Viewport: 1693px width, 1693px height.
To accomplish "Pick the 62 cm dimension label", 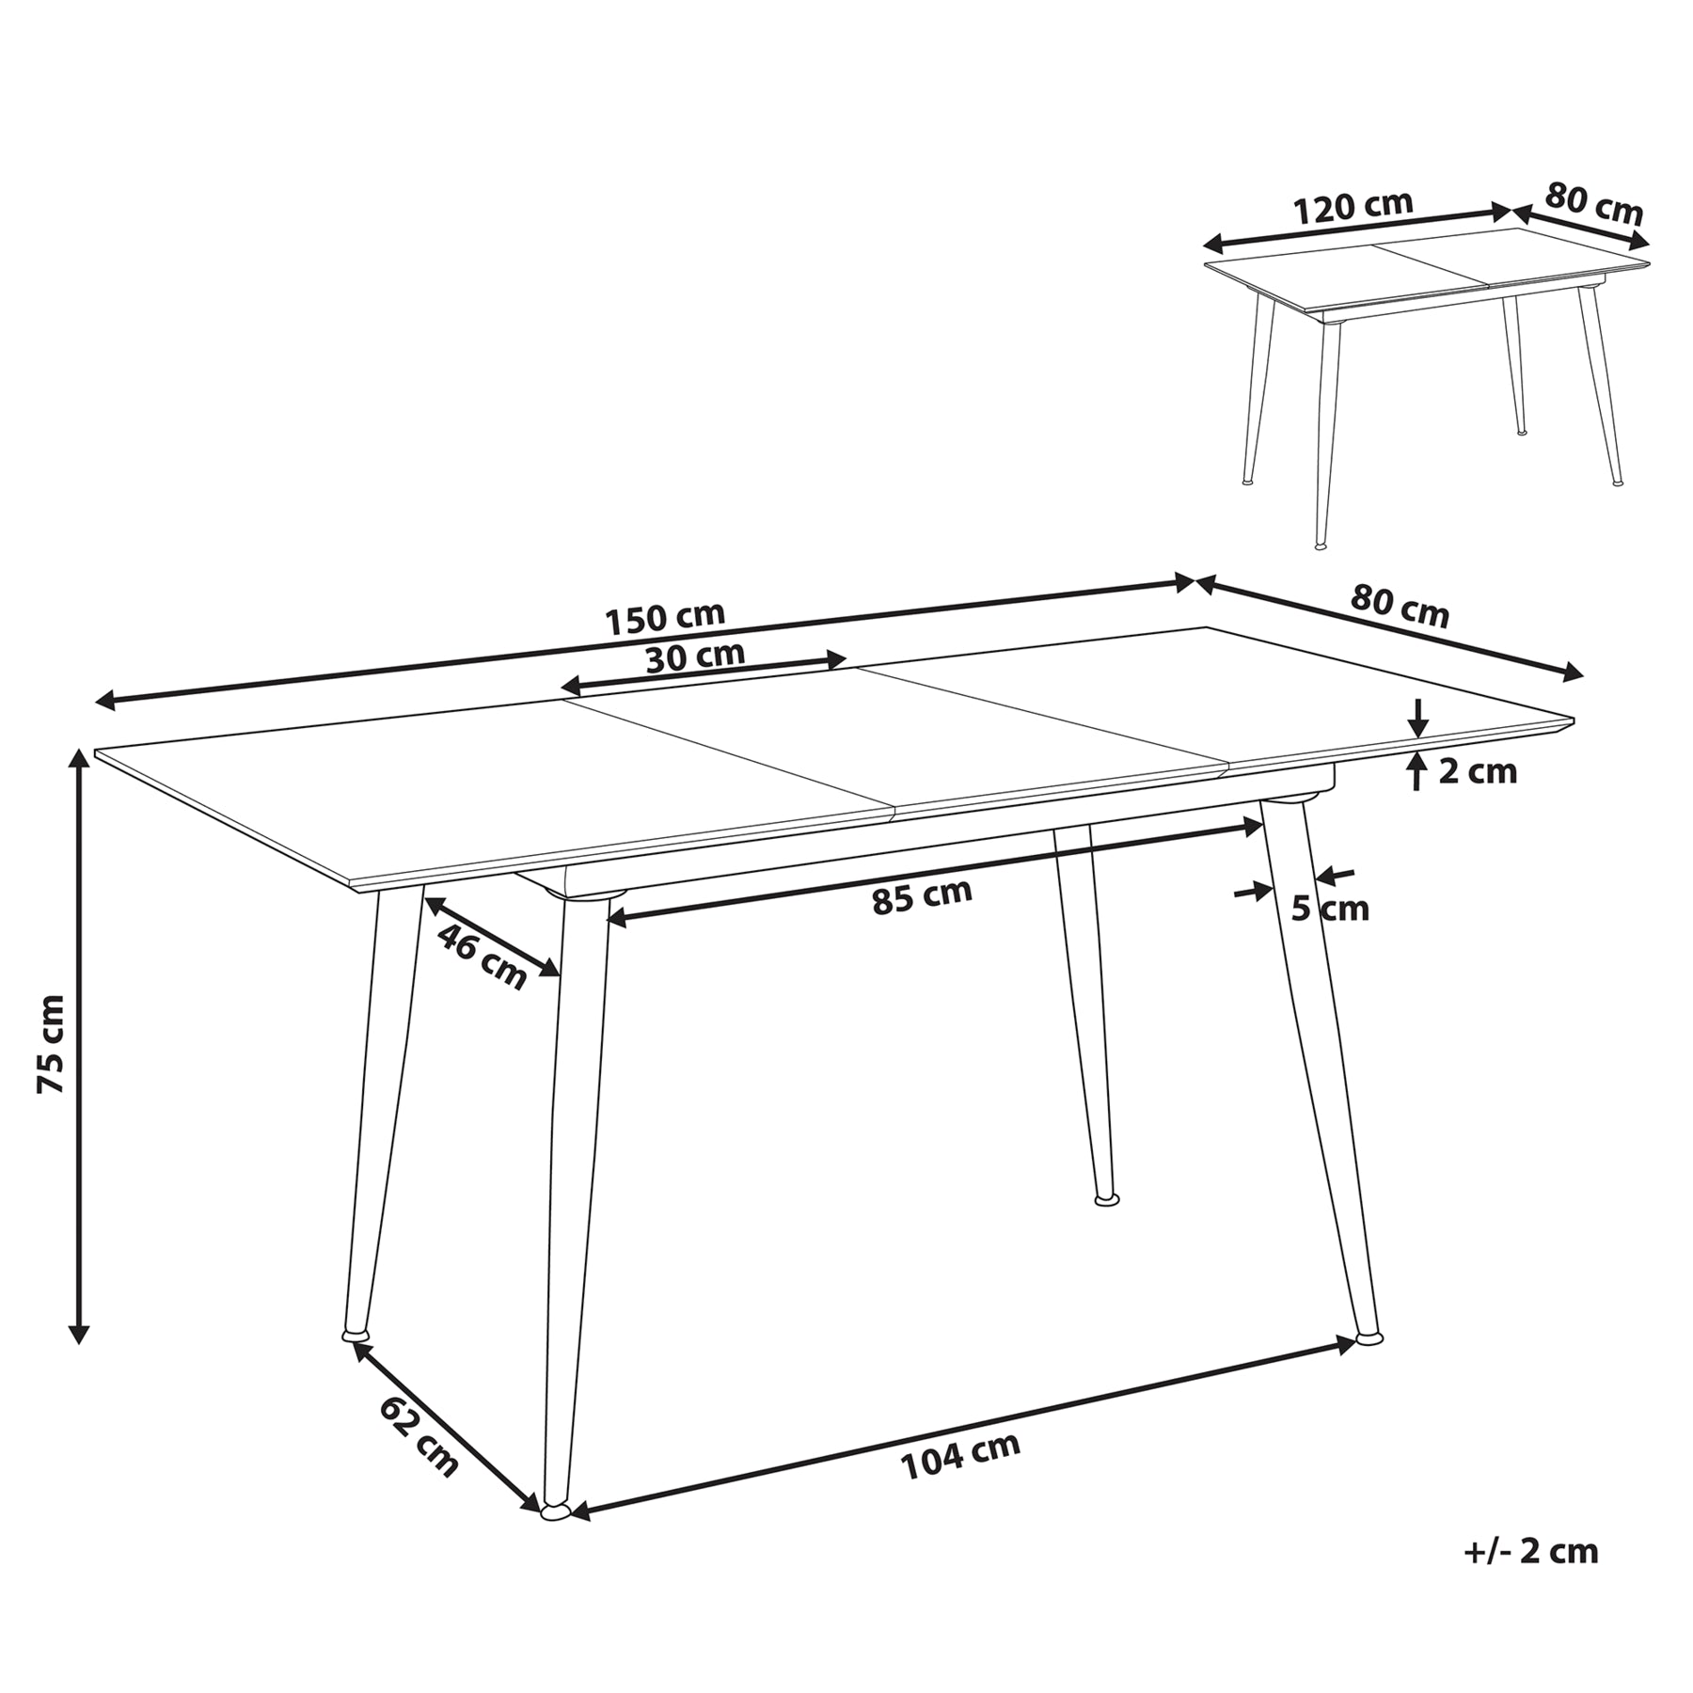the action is coord(419,1435).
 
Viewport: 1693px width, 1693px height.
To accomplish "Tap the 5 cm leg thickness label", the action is coord(1330,909).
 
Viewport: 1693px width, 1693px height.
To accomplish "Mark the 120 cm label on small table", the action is coord(1353,207).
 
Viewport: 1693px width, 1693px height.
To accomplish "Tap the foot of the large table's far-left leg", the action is coord(355,1334).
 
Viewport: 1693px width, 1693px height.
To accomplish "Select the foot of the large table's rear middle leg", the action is coord(1107,1199).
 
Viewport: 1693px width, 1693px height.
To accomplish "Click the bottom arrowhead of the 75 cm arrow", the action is coord(79,1333).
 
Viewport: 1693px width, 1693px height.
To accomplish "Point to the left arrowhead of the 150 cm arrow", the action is coord(107,699).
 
